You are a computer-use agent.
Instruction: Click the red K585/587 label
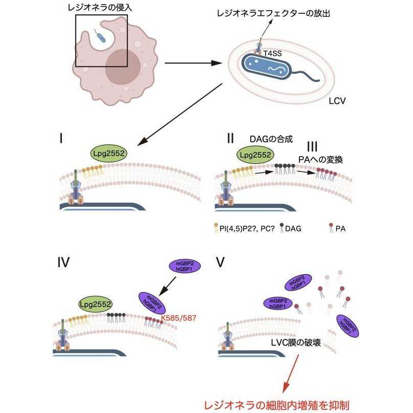point(179,318)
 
